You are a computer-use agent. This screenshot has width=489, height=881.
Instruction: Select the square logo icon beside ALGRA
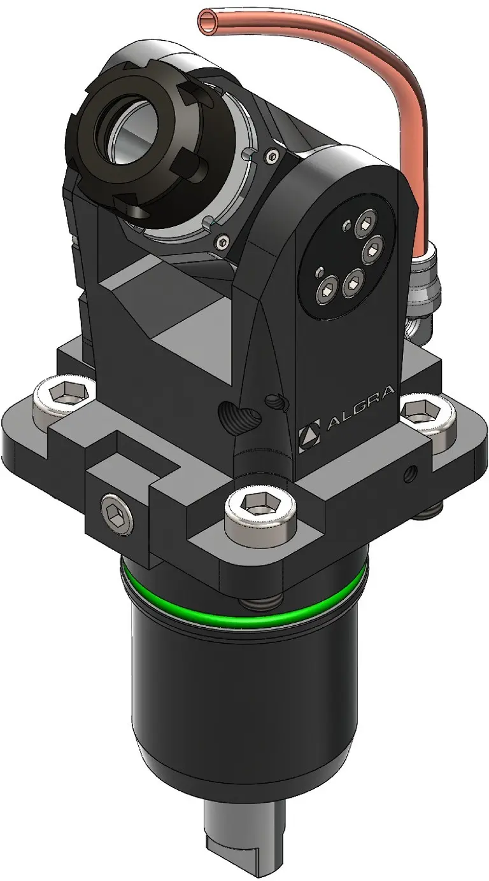point(309,439)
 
